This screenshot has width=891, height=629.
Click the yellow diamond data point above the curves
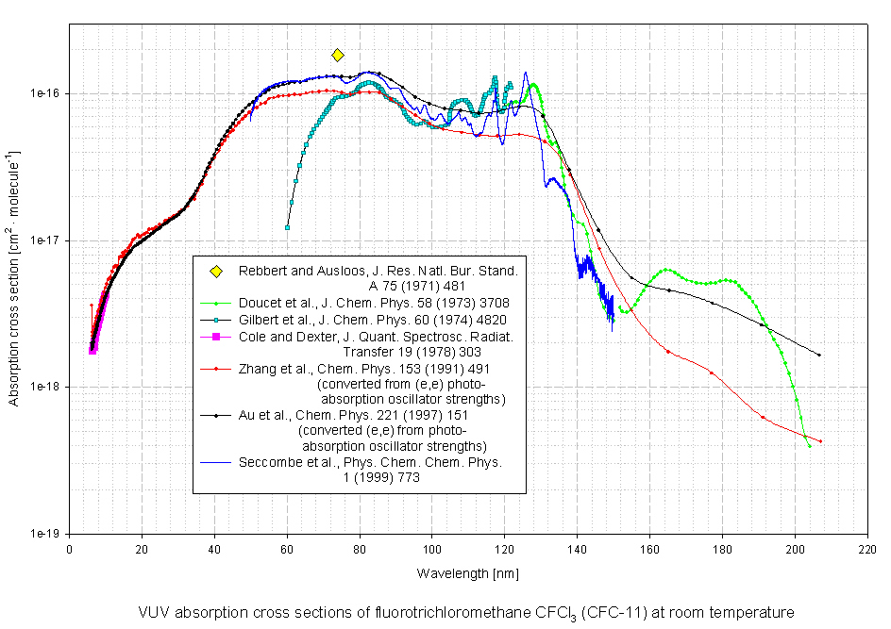pos(338,56)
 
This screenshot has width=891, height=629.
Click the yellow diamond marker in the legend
pos(215,272)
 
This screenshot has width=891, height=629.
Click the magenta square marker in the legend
pos(215,337)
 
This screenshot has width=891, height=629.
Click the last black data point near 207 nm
pos(818,355)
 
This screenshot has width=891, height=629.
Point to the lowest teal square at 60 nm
pos(287,227)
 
